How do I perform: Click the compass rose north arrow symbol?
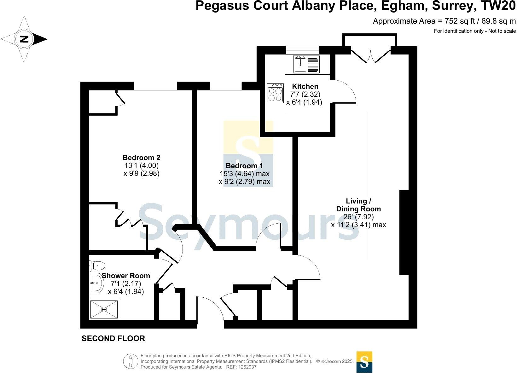pyautogui.click(x=25, y=39)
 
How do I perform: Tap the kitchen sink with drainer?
pyautogui.click(x=306, y=64)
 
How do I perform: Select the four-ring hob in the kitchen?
pyautogui.click(x=275, y=93)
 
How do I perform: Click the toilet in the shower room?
pyautogui.click(x=97, y=266)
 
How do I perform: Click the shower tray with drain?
pyautogui.click(x=104, y=309)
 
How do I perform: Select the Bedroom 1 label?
pyautogui.click(x=244, y=166)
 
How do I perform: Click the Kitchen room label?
pyautogui.click(x=305, y=86)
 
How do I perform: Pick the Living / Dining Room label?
pyautogui.click(x=358, y=205)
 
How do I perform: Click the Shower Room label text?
pyautogui.click(x=126, y=276)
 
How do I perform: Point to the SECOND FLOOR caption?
pyautogui.click(x=113, y=339)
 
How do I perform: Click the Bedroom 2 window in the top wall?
pyautogui.click(x=155, y=86)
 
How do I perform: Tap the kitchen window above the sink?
pyautogui.click(x=303, y=50)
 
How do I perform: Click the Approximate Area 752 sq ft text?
pyautogui.click(x=444, y=21)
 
